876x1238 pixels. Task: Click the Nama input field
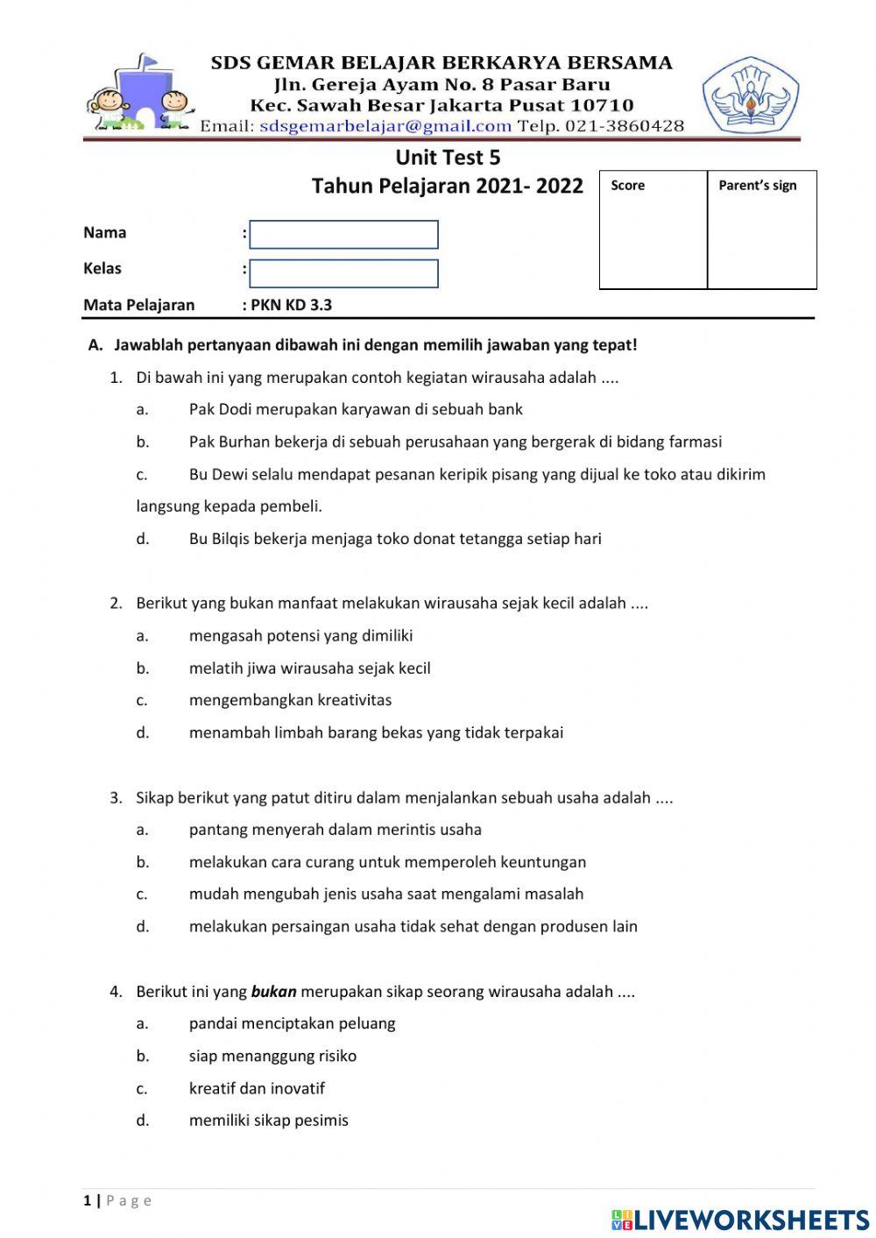click(x=343, y=235)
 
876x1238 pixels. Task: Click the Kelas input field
click(x=343, y=273)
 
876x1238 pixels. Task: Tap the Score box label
click(x=627, y=186)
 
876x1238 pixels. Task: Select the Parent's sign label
click(x=757, y=186)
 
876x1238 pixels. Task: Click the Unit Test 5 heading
click(x=448, y=158)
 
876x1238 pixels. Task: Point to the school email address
click(x=385, y=126)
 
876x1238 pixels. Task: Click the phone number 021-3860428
click(x=625, y=126)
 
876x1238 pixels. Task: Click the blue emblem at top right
click(x=750, y=95)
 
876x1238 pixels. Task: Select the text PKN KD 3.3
click(x=291, y=306)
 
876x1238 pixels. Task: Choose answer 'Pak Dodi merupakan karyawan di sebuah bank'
click(x=356, y=409)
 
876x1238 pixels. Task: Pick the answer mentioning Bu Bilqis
click(x=395, y=539)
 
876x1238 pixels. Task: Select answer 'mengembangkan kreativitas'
click(x=290, y=700)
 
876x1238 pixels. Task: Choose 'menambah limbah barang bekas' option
click(x=376, y=732)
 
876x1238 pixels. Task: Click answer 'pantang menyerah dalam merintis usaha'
click(x=335, y=830)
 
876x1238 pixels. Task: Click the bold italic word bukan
click(x=273, y=992)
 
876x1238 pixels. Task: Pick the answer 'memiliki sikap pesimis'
click(x=268, y=1121)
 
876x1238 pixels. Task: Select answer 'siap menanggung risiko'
click(x=272, y=1056)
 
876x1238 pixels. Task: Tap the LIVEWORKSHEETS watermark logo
click(x=740, y=1220)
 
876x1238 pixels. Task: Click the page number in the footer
click(x=88, y=1200)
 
